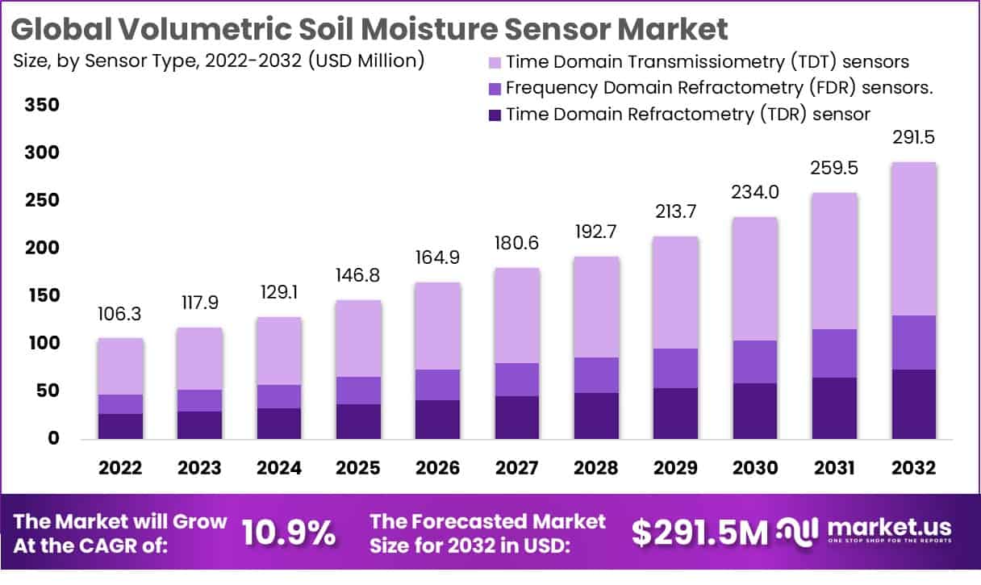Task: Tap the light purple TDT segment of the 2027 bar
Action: [x=516, y=315]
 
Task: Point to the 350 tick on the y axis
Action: [x=42, y=106]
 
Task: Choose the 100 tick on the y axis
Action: [x=42, y=344]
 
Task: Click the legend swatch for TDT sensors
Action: [x=494, y=62]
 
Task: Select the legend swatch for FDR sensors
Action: [x=494, y=88]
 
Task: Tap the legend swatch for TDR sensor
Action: [x=494, y=115]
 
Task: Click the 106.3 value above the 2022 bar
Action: [x=120, y=313]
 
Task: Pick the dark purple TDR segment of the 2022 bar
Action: [x=120, y=426]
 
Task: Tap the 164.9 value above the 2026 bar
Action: [x=436, y=258]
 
